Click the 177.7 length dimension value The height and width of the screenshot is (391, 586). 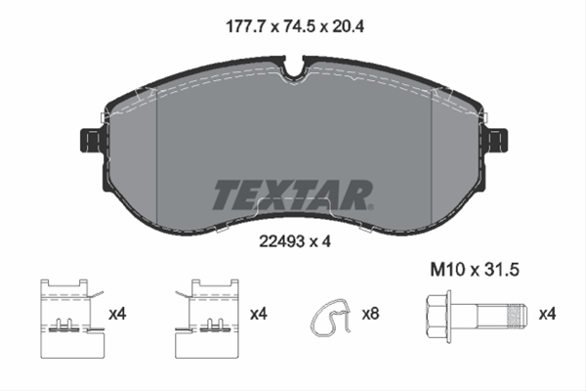(x=245, y=26)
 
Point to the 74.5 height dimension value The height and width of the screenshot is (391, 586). (x=299, y=26)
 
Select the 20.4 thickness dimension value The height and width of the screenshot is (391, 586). (x=348, y=26)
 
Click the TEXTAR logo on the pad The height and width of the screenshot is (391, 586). (x=291, y=195)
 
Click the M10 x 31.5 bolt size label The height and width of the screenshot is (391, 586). (x=475, y=270)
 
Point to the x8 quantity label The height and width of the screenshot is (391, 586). (x=371, y=314)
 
